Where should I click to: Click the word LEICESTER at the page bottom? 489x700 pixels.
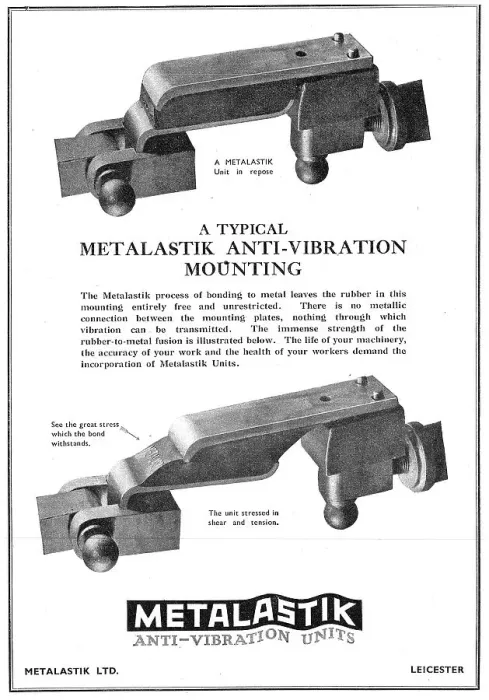(437, 670)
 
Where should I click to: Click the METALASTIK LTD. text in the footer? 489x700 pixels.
(72, 671)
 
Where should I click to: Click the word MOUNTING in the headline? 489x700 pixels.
(243, 269)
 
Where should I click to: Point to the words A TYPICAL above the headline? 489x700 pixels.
(243, 229)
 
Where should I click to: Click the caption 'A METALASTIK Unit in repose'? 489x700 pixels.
(243, 167)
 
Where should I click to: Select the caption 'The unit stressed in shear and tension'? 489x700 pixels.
(243, 517)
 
